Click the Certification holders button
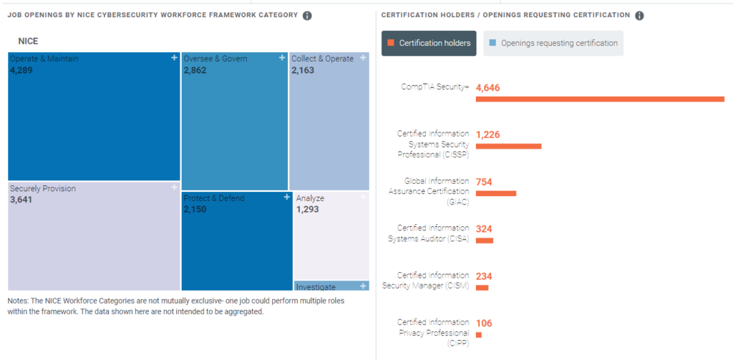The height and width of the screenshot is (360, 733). [x=429, y=43]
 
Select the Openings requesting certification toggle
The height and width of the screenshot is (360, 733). [x=553, y=43]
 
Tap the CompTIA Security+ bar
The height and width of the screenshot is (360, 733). [x=600, y=99]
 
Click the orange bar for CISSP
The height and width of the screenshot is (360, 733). [x=508, y=146]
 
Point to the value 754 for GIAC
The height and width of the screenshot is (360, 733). [x=484, y=182]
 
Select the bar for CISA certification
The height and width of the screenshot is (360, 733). [x=485, y=240]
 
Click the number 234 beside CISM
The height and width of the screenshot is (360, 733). [x=484, y=276]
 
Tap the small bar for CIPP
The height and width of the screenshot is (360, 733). [x=479, y=334]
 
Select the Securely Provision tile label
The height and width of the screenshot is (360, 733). [x=43, y=189]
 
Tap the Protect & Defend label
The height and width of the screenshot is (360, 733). [x=213, y=198]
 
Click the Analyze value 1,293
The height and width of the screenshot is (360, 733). [x=307, y=210]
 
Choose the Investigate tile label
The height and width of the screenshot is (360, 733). [x=316, y=287]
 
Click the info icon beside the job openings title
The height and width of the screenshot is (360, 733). [x=307, y=16]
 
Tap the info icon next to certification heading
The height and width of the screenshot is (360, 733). [x=639, y=16]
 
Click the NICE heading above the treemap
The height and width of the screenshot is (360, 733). [x=28, y=42]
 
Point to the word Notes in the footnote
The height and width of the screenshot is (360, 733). [x=19, y=301]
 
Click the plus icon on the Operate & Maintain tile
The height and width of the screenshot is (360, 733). [x=174, y=58]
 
